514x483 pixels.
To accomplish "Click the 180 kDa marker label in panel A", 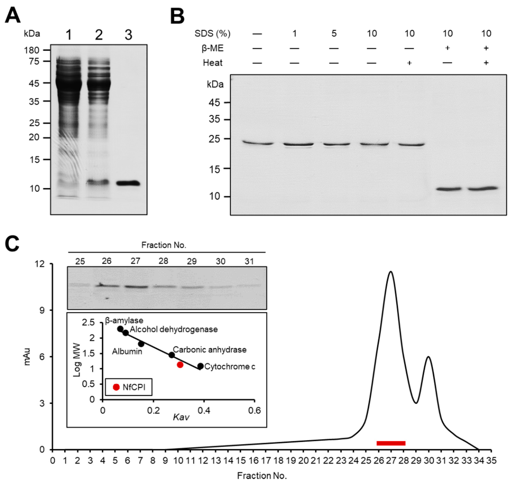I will point(31,50).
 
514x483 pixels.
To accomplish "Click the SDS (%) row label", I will point(212,34).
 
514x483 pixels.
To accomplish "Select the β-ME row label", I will point(212,48).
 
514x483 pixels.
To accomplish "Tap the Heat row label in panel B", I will point(213,63).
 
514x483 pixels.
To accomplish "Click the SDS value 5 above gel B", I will point(334,34).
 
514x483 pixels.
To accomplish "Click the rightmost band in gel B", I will point(482,188).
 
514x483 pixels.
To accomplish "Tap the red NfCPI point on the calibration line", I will point(180,365).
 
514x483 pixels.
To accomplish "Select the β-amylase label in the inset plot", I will point(124,321).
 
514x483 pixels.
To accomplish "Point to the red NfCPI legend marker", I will point(116,387).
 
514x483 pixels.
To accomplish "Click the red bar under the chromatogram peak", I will point(391,443).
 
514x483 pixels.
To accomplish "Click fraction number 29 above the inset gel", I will point(192,261).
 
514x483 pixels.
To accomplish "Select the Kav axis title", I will point(181,417).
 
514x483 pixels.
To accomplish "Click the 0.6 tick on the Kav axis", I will point(254,410).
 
